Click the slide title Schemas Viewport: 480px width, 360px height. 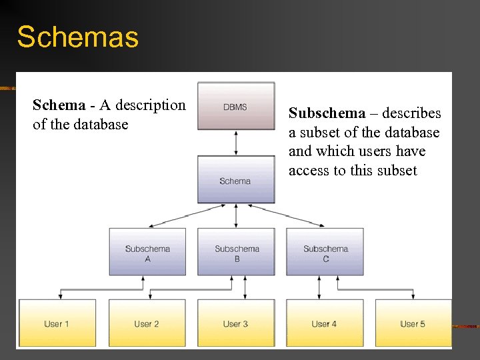click(x=77, y=37)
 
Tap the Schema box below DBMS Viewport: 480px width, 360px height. click(x=236, y=179)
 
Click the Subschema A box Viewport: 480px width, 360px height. click(x=147, y=252)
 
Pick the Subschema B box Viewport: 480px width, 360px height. click(x=236, y=252)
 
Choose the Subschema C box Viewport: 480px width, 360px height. click(x=325, y=252)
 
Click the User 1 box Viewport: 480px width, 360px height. click(x=57, y=323)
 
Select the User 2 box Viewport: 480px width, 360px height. click(x=147, y=323)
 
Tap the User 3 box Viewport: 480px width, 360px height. click(x=236, y=323)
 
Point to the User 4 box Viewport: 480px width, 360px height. click(x=325, y=323)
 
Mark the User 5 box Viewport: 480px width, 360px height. click(x=413, y=323)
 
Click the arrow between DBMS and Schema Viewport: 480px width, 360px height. click(x=236, y=143)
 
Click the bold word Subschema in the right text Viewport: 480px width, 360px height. click(x=327, y=113)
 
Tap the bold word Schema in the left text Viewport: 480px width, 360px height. click(x=59, y=105)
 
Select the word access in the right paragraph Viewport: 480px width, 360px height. click(x=309, y=171)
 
